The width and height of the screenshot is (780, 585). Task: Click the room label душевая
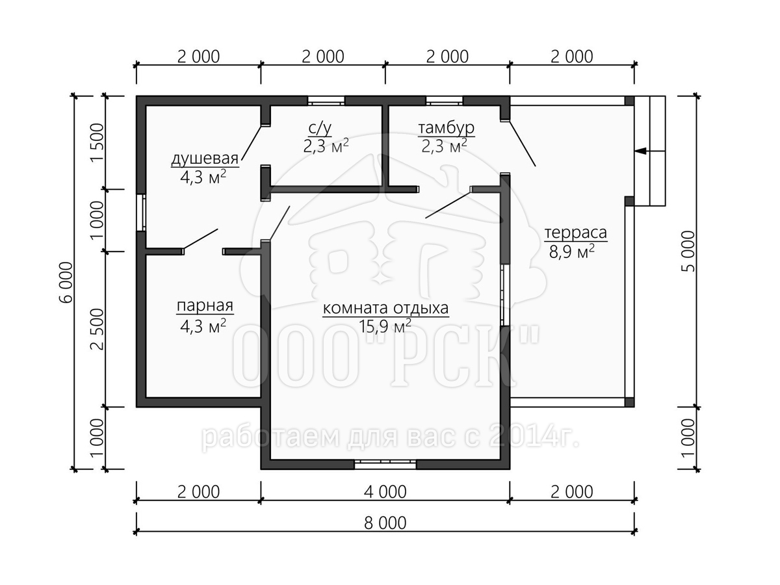pos(205,159)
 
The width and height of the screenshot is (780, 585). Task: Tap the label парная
pos(205,305)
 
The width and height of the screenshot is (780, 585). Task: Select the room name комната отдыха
pos(385,308)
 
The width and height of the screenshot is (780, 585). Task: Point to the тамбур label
pos(446,127)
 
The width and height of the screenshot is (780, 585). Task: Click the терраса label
pos(576,233)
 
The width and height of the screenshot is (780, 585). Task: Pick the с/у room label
pos(320,128)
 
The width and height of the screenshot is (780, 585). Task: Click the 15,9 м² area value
pos(385,326)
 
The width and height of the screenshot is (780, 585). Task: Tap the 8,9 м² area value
pos(572,252)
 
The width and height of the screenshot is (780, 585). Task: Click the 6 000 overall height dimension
pos(66,282)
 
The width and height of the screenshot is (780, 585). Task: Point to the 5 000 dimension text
pos(688,251)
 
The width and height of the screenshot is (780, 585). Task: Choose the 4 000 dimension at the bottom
pos(385,492)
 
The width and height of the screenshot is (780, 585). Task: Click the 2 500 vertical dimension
pos(97,330)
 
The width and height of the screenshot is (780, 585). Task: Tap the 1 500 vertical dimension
pos(97,142)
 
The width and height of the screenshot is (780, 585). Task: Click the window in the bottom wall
pos(385,465)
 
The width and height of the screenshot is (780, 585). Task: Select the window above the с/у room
pos(326,101)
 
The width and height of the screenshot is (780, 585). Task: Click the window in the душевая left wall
pos(142,213)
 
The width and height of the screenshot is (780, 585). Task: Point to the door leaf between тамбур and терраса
pos(523,144)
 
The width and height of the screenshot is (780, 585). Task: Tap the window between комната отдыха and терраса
pos(505,295)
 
